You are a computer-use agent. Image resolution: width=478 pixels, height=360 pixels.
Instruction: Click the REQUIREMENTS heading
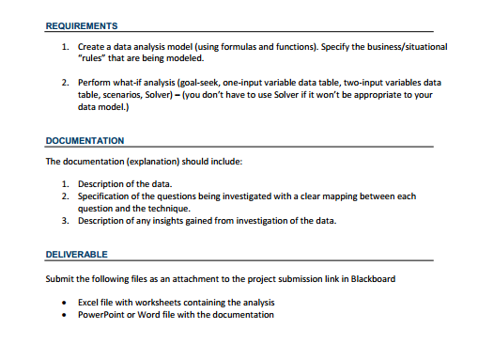tap(81, 25)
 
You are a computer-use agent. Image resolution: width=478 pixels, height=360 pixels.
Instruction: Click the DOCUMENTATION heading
tap(85, 141)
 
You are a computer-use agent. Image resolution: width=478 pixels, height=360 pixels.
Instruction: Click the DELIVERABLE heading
tap(76, 255)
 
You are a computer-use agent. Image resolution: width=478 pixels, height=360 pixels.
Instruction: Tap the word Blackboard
tap(371, 278)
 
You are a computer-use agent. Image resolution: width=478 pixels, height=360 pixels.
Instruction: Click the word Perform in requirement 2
tap(95, 83)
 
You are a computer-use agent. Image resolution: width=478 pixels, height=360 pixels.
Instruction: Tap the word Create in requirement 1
tap(92, 45)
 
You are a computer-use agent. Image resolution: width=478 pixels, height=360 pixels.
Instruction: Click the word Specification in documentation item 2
tap(106, 196)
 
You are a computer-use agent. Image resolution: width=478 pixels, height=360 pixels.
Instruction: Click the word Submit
tap(61, 278)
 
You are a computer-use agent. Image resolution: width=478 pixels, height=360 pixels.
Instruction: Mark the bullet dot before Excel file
tap(64, 303)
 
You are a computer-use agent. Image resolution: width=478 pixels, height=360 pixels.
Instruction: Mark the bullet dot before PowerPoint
tap(64, 315)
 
